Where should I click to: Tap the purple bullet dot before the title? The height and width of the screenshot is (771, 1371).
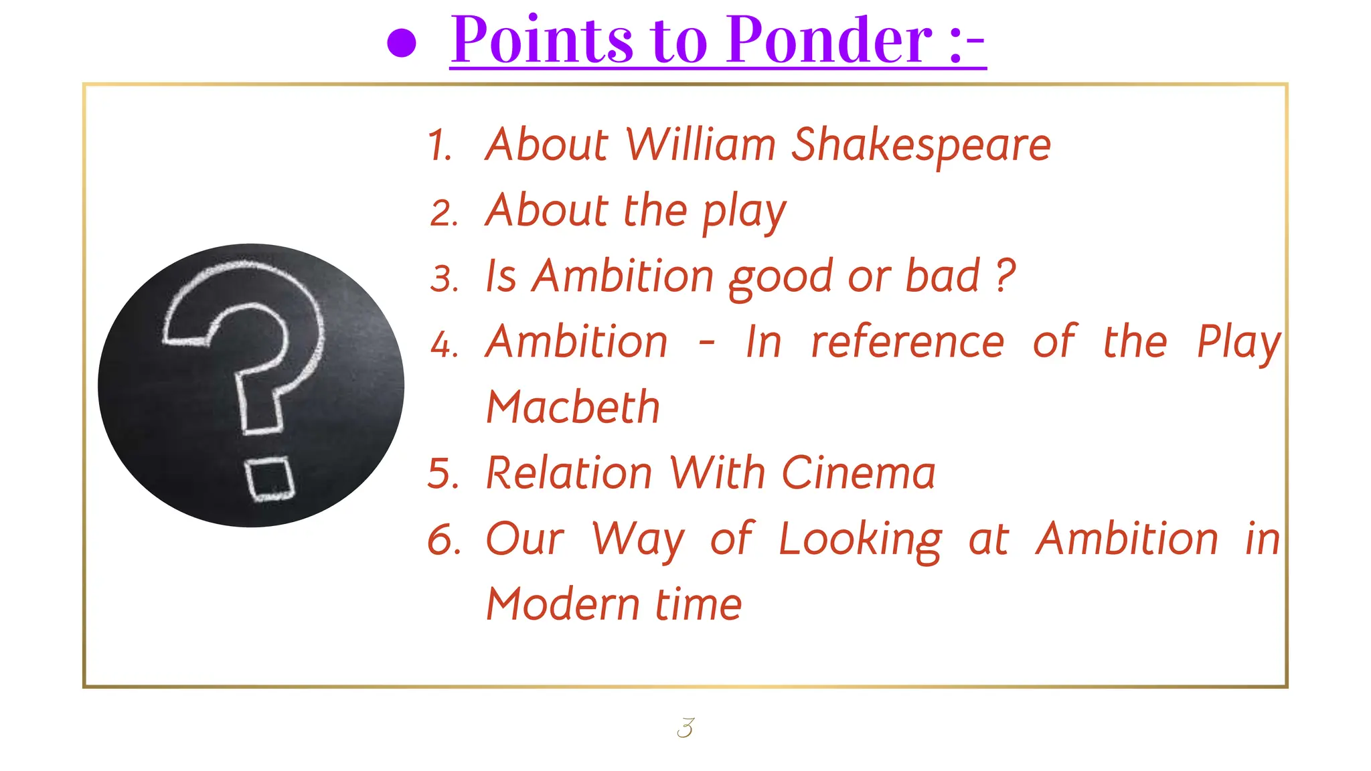coord(402,44)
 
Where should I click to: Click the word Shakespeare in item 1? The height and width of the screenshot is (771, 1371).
coord(920,145)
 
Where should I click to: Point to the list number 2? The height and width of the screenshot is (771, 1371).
coord(444,213)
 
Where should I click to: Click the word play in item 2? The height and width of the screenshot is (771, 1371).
coord(744,211)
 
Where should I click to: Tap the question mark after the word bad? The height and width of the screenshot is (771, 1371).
coord(1005,275)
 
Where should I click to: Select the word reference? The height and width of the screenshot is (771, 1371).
coord(907,342)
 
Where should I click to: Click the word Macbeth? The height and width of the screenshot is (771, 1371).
coord(573,407)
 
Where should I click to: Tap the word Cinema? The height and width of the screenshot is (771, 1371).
coord(858,473)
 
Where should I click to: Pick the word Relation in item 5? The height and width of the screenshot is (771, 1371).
coord(568,473)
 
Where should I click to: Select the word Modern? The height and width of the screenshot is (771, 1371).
coord(563,604)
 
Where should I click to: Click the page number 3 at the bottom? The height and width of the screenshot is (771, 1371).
coord(685,727)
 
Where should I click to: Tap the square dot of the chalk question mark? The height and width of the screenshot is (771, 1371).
coord(270,479)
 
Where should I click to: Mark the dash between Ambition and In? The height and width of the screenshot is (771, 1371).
coord(706,343)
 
